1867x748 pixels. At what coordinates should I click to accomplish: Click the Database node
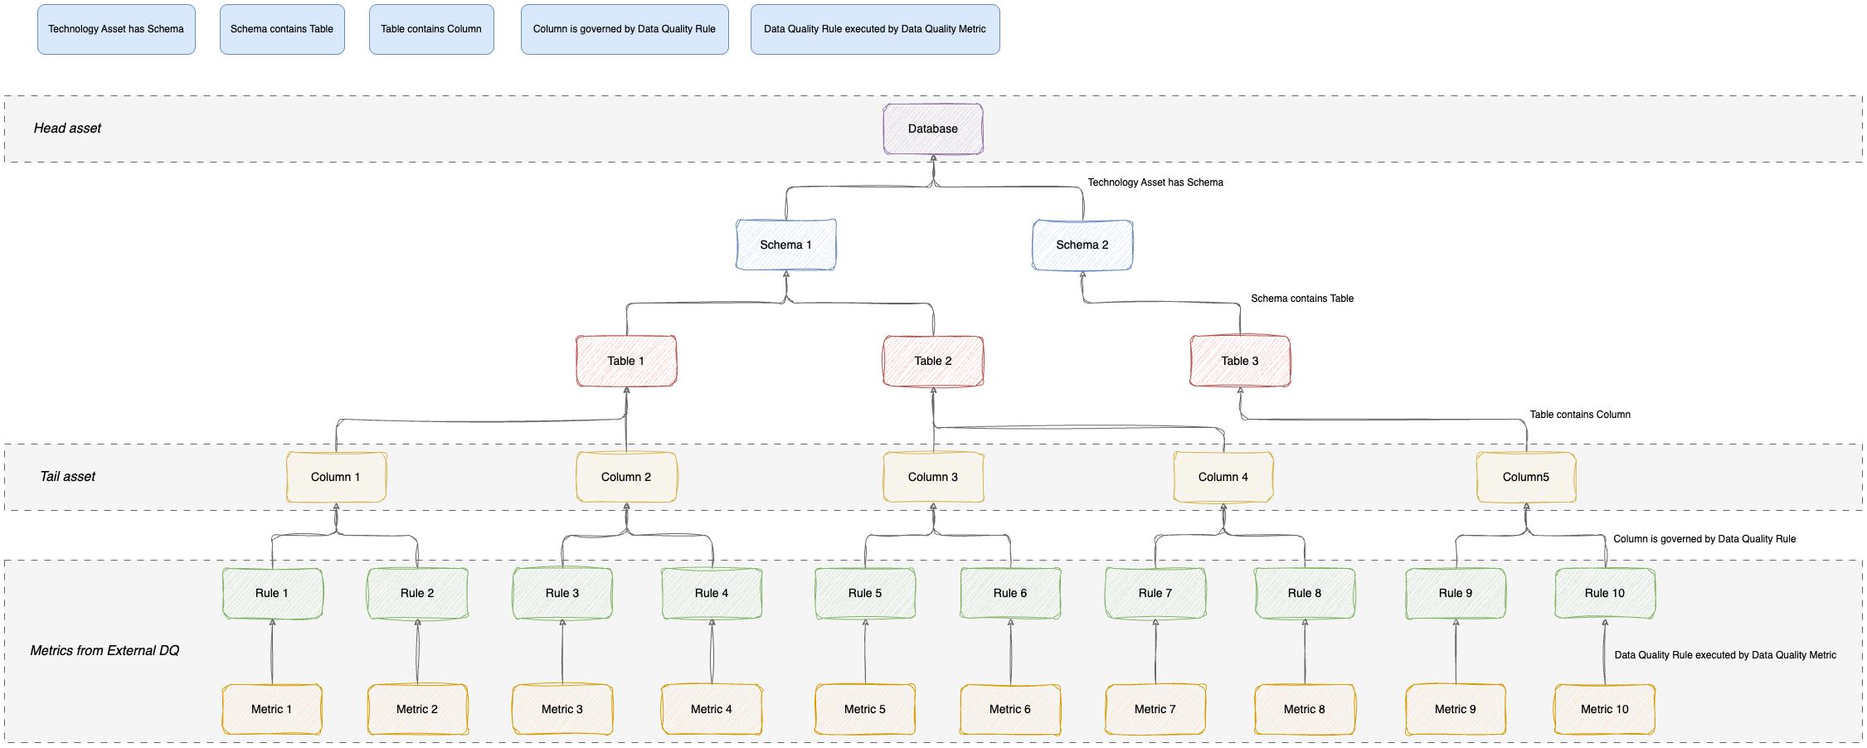pos(933,129)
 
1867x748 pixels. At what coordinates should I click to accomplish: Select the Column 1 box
pos(336,477)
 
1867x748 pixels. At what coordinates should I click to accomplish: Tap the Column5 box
pos(1525,477)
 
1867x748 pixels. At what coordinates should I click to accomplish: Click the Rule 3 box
pos(562,593)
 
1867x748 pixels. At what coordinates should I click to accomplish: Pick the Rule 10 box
pos(1604,593)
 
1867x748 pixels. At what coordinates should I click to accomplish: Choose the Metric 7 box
pos(1155,709)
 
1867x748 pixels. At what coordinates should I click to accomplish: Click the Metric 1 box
pos(271,709)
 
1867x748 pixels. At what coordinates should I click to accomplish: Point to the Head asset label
pos(67,129)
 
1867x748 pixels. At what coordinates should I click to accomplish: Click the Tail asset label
pos(67,477)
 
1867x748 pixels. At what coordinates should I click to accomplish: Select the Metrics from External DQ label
pos(105,651)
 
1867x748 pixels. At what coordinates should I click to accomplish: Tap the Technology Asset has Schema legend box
pos(116,29)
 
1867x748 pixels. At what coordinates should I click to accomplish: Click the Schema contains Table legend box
pos(282,29)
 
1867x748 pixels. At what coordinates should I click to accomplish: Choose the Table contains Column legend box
pos(431,29)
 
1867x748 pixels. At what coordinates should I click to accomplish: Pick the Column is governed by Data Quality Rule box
pos(625,29)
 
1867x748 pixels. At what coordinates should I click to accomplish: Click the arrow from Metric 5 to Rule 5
pos(865,652)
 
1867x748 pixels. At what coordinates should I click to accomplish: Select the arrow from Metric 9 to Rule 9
pos(1456,652)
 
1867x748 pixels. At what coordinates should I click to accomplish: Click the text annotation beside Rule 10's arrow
pos(1725,655)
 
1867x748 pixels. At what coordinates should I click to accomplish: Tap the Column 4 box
pos(1223,477)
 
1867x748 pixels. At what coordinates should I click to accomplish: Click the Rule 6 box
pos(1010,593)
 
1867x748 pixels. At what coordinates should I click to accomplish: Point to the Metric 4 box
pos(711,709)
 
